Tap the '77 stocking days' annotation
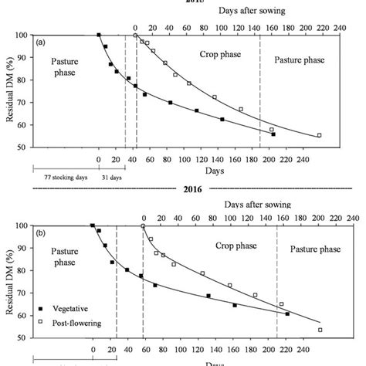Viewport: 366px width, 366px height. pyautogui.click(x=60, y=177)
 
